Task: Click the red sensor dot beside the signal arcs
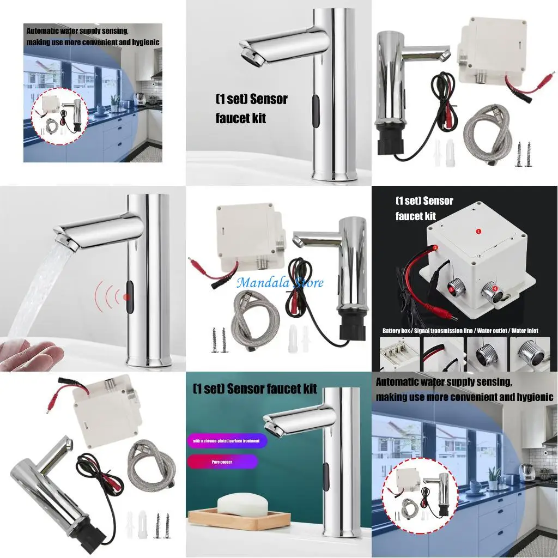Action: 126,296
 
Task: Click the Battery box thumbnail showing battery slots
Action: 399,354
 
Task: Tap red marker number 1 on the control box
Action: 478,231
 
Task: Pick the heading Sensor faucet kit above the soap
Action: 255,389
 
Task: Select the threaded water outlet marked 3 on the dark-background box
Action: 453,289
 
